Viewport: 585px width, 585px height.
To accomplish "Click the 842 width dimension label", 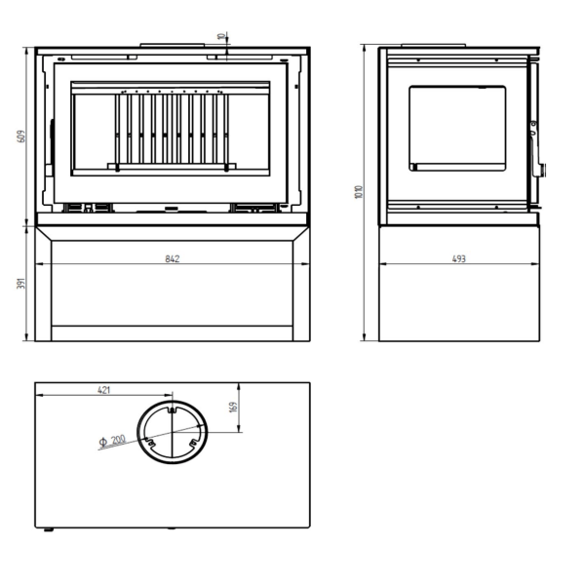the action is coord(173,258).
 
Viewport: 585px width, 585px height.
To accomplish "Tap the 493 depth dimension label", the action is coord(459,258).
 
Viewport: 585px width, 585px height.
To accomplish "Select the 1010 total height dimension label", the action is coord(359,192).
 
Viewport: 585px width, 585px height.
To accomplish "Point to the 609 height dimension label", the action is coord(21,136).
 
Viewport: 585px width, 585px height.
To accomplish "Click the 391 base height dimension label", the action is coord(21,283).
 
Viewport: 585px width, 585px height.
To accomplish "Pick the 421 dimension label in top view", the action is coord(104,390).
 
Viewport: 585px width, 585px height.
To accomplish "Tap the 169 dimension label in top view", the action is coord(234,407).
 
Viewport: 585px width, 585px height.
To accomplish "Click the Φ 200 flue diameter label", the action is coord(112,441).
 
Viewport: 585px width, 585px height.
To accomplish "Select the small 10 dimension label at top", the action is coord(222,37).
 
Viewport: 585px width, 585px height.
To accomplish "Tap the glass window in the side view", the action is coord(457,129).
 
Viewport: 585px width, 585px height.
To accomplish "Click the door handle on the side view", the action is coord(537,149).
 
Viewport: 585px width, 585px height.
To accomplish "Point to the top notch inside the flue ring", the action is coord(172,410).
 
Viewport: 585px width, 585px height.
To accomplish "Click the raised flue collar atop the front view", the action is coord(173,45).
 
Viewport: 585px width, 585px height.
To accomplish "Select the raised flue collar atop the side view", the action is coord(434,46).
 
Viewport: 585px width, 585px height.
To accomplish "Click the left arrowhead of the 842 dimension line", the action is coord(39,264).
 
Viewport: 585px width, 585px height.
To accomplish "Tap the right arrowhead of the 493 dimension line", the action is coord(535,264).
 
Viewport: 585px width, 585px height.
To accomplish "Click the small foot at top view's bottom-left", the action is coord(49,529).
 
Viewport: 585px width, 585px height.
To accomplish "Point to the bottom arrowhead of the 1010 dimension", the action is coord(365,337).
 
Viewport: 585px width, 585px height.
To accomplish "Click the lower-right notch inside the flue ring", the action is coord(193,443).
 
